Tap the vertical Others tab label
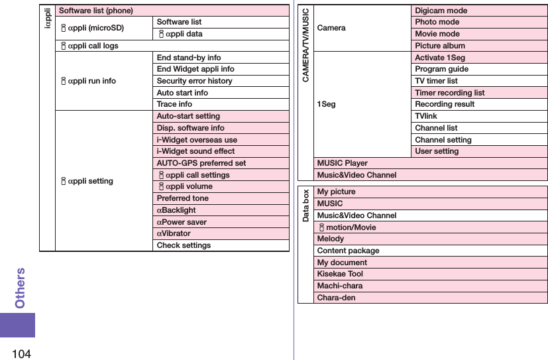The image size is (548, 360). pyautogui.click(x=21, y=288)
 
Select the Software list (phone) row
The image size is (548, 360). pyautogui.click(x=96, y=11)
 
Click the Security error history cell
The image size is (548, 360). pyautogui.click(x=194, y=81)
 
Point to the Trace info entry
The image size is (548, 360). pyautogui.click(x=174, y=104)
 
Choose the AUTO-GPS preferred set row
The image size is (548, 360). pyautogui.click(x=201, y=163)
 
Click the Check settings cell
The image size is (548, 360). pyautogui.click(x=184, y=245)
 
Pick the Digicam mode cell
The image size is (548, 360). pyautogui.click(x=441, y=11)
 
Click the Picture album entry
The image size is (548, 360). pyautogui.click(x=440, y=46)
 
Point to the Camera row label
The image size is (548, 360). pyautogui.click(x=331, y=28)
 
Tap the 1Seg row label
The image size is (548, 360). pyautogui.click(x=326, y=104)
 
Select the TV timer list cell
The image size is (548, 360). pyautogui.click(x=436, y=81)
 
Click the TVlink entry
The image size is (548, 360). pyautogui.click(x=426, y=116)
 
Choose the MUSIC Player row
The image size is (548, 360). pyautogui.click(x=343, y=163)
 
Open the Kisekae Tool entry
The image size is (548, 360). pyautogui.click(x=340, y=274)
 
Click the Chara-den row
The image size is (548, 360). pyautogui.click(x=336, y=298)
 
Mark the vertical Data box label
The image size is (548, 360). pyautogui.click(x=306, y=206)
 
